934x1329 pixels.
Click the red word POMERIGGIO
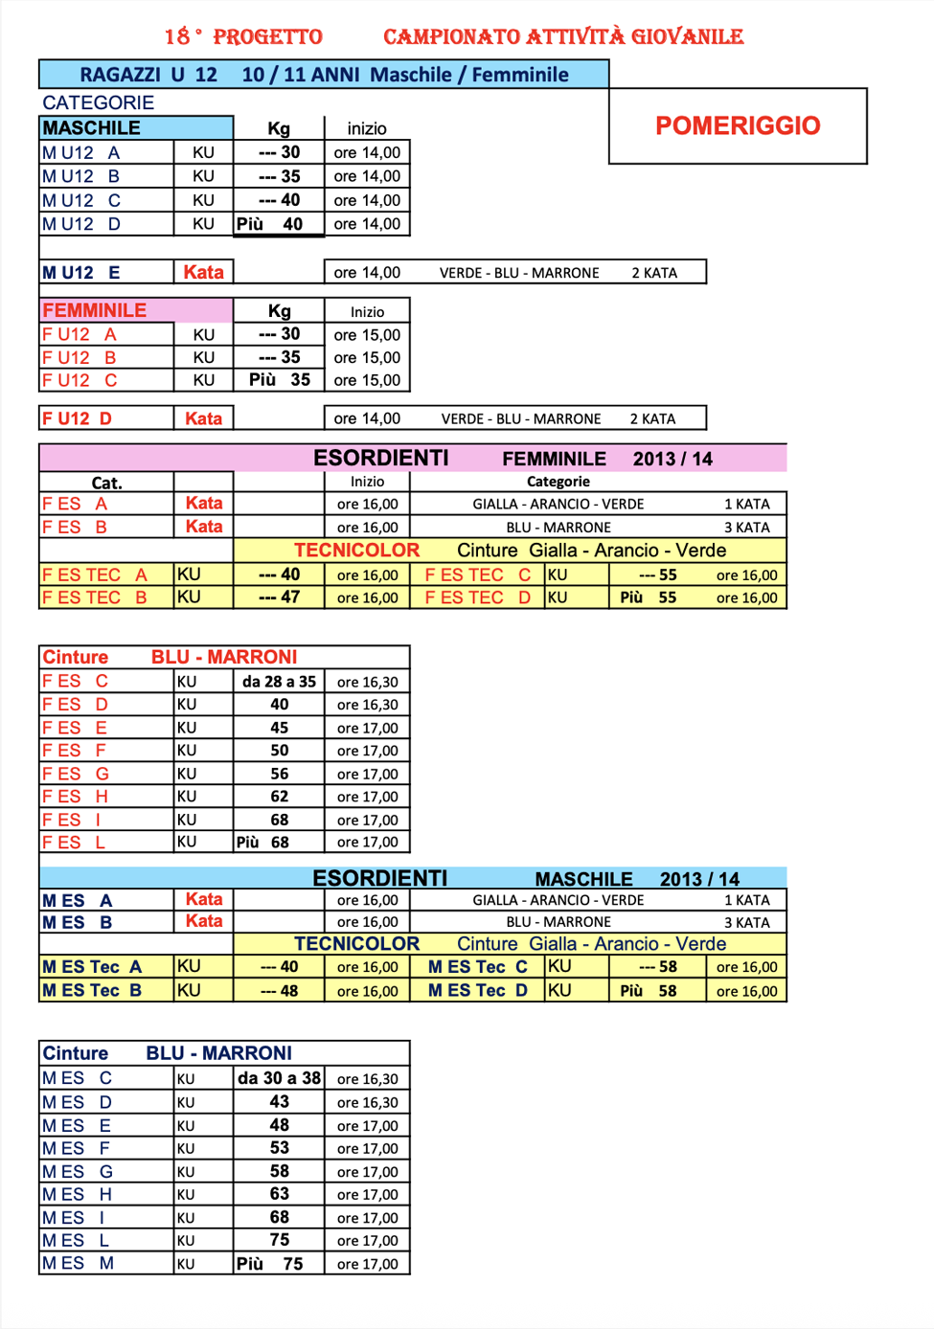[738, 125]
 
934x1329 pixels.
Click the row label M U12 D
[81, 224]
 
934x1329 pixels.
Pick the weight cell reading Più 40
[279, 224]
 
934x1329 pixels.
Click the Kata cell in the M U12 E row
[203, 272]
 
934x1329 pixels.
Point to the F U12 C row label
[80, 380]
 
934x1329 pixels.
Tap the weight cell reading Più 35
[279, 380]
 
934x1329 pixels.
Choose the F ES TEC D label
[477, 597]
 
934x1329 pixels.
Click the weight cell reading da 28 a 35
[279, 682]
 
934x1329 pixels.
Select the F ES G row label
[76, 774]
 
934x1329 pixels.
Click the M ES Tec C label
[477, 967]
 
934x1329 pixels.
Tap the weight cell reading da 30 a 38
[279, 1078]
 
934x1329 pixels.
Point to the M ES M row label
[78, 1263]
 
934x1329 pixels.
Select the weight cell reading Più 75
[269, 1264]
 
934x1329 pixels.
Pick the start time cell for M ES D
[367, 1103]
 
